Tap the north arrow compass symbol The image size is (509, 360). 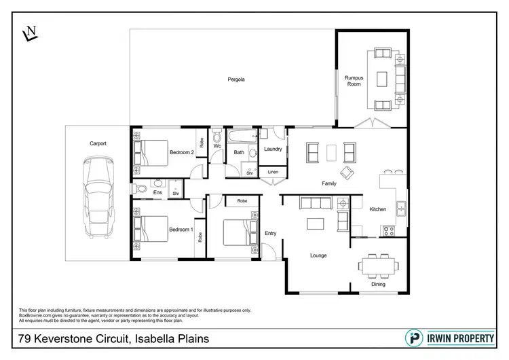[30, 33]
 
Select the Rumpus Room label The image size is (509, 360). [354, 81]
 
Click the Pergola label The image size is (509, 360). [235, 79]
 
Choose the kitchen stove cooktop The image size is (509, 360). [390, 230]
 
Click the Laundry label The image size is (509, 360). [272, 149]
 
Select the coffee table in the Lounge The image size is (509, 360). [314, 223]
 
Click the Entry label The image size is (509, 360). [270, 234]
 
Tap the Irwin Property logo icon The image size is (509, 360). [412, 338]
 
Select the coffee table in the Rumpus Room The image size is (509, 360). [381, 79]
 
